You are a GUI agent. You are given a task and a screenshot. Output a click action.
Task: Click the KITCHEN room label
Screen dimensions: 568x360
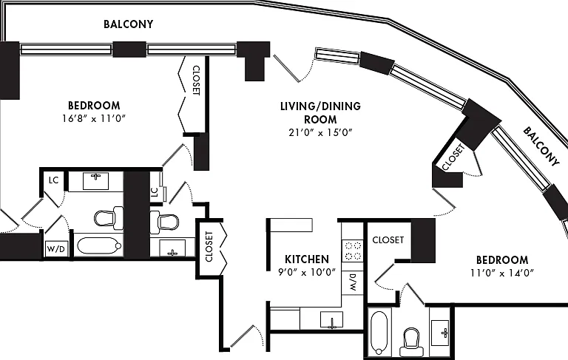pyautogui.click(x=307, y=259)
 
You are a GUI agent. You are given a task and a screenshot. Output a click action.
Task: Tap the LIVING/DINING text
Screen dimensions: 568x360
pyautogui.click(x=320, y=106)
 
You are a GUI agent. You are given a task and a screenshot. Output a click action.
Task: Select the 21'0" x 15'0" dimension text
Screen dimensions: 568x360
pyautogui.click(x=320, y=132)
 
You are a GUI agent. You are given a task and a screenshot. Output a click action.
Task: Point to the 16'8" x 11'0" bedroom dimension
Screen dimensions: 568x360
pyautogui.click(x=94, y=118)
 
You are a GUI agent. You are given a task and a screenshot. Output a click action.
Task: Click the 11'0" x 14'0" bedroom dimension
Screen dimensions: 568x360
pyautogui.click(x=502, y=272)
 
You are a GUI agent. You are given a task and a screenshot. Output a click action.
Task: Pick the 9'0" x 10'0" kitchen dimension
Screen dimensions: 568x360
pyautogui.click(x=307, y=271)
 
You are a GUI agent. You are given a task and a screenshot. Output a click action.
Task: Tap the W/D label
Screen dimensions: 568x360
pyautogui.click(x=56, y=249)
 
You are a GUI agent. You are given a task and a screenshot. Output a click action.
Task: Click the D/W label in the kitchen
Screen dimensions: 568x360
pyautogui.click(x=353, y=282)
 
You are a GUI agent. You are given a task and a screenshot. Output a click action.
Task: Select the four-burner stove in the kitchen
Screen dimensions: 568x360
pyautogui.click(x=353, y=251)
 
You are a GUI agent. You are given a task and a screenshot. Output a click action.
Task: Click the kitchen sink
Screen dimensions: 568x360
pyautogui.click(x=331, y=320)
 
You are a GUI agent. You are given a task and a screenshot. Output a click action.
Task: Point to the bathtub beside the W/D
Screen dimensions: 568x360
pyautogui.click(x=99, y=245)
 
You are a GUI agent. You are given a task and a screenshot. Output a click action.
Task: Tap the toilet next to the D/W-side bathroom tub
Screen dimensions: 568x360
pyautogui.click(x=411, y=342)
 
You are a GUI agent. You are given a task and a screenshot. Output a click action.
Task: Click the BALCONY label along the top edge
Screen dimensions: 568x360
pyautogui.click(x=128, y=24)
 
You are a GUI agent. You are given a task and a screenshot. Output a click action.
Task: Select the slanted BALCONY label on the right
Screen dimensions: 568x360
pyautogui.click(x=541, y=146)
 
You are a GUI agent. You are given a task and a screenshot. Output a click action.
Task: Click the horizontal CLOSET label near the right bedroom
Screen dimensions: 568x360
pyautogui.click(x=388, y=240)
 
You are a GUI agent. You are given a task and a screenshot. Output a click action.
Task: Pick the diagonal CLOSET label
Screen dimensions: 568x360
pyautogui.click(x=453, y=157)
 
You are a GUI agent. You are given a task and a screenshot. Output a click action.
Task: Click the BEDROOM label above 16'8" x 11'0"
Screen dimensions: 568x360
pyautogui.click(x=94, y=106)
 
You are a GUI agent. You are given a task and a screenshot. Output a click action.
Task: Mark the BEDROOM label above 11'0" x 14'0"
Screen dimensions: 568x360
pyautogui.click(x=502, y=260)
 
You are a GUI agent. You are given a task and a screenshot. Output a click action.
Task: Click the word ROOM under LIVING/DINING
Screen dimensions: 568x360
pyautogui.click(x=320, y=120)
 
